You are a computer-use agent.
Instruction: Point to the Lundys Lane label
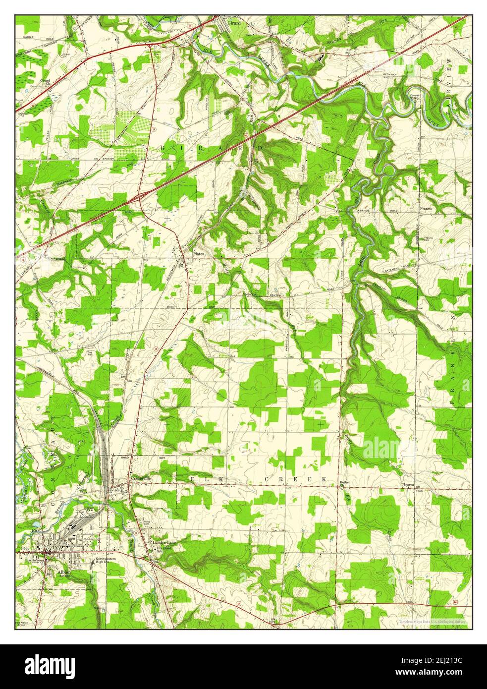point(163,543)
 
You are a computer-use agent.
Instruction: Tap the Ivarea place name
point(408,482)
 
